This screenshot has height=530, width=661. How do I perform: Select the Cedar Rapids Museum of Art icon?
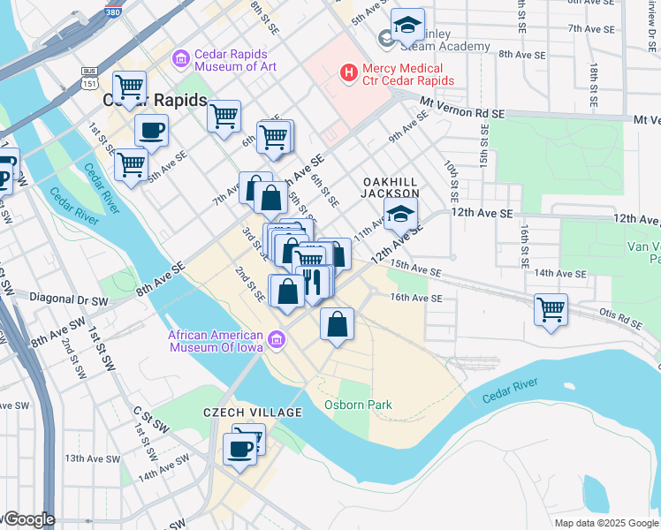pos(181,59)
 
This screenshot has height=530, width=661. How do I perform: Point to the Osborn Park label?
pos(357,405)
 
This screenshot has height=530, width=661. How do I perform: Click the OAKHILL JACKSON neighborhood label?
pos(390,186)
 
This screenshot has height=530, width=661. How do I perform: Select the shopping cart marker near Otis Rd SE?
pos(551,309)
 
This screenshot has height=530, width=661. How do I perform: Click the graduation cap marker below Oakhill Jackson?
pos(400,214)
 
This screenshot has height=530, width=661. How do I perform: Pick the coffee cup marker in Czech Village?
pos(239,449)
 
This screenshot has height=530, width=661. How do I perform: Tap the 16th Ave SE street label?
pos(415,299)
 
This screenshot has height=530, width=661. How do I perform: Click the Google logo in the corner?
pos(28,519)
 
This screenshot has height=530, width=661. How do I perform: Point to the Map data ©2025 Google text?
pos(605,523)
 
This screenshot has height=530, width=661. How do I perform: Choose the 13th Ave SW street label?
pos(91,458)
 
